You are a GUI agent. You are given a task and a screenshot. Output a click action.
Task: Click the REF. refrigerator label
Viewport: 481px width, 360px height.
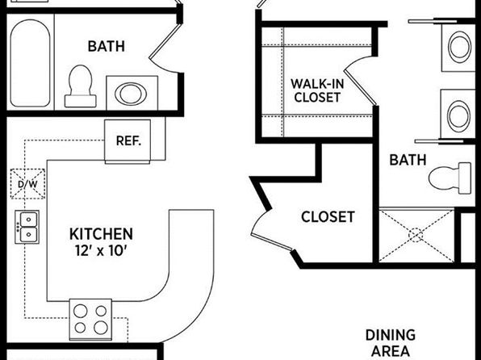(x=128, y=141)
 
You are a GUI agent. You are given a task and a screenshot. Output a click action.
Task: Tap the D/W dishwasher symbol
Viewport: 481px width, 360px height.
(x=28, y=184)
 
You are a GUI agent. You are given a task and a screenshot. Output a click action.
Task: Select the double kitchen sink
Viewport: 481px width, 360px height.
(x=27, y=227)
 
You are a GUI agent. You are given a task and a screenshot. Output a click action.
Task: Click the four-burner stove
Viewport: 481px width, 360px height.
(x=90, y=320)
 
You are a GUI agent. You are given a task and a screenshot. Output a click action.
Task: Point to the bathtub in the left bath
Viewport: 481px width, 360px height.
(x=30, y=63)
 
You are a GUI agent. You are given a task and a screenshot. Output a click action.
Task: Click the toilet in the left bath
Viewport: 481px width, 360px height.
(x=81, y=86)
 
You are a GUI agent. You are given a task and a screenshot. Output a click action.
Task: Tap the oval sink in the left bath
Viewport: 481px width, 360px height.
(x=131, y=93)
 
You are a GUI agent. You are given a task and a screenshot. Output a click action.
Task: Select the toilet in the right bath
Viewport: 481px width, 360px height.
(x=450, y=178)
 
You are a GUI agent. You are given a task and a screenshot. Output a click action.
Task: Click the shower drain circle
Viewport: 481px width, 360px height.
(x=416, y=236)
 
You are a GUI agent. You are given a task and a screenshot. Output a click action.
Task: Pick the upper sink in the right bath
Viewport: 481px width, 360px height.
(x=459, y=48)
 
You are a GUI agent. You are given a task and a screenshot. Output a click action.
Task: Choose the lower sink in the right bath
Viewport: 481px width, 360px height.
(x=458, y=116)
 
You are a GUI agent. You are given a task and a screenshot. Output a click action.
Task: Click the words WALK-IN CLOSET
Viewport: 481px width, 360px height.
(x=317, y=90)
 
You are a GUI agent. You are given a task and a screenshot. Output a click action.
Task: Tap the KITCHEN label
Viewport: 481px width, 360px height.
(x=101, y=234)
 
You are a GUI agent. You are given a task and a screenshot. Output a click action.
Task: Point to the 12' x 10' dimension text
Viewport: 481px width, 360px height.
(x=101, y=251)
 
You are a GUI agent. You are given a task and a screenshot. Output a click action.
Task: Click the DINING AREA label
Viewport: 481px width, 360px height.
(x=391, y=343)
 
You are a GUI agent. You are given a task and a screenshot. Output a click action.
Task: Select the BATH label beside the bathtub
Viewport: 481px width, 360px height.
(x=107, y=46)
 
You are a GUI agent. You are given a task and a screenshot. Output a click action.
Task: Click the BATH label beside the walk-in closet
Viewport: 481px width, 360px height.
(x=408, y=160)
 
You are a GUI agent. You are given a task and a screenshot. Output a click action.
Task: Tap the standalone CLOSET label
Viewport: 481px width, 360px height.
(x=328, y=216)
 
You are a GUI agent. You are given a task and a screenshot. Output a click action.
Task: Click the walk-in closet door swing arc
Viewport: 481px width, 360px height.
(x=358, y=61)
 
